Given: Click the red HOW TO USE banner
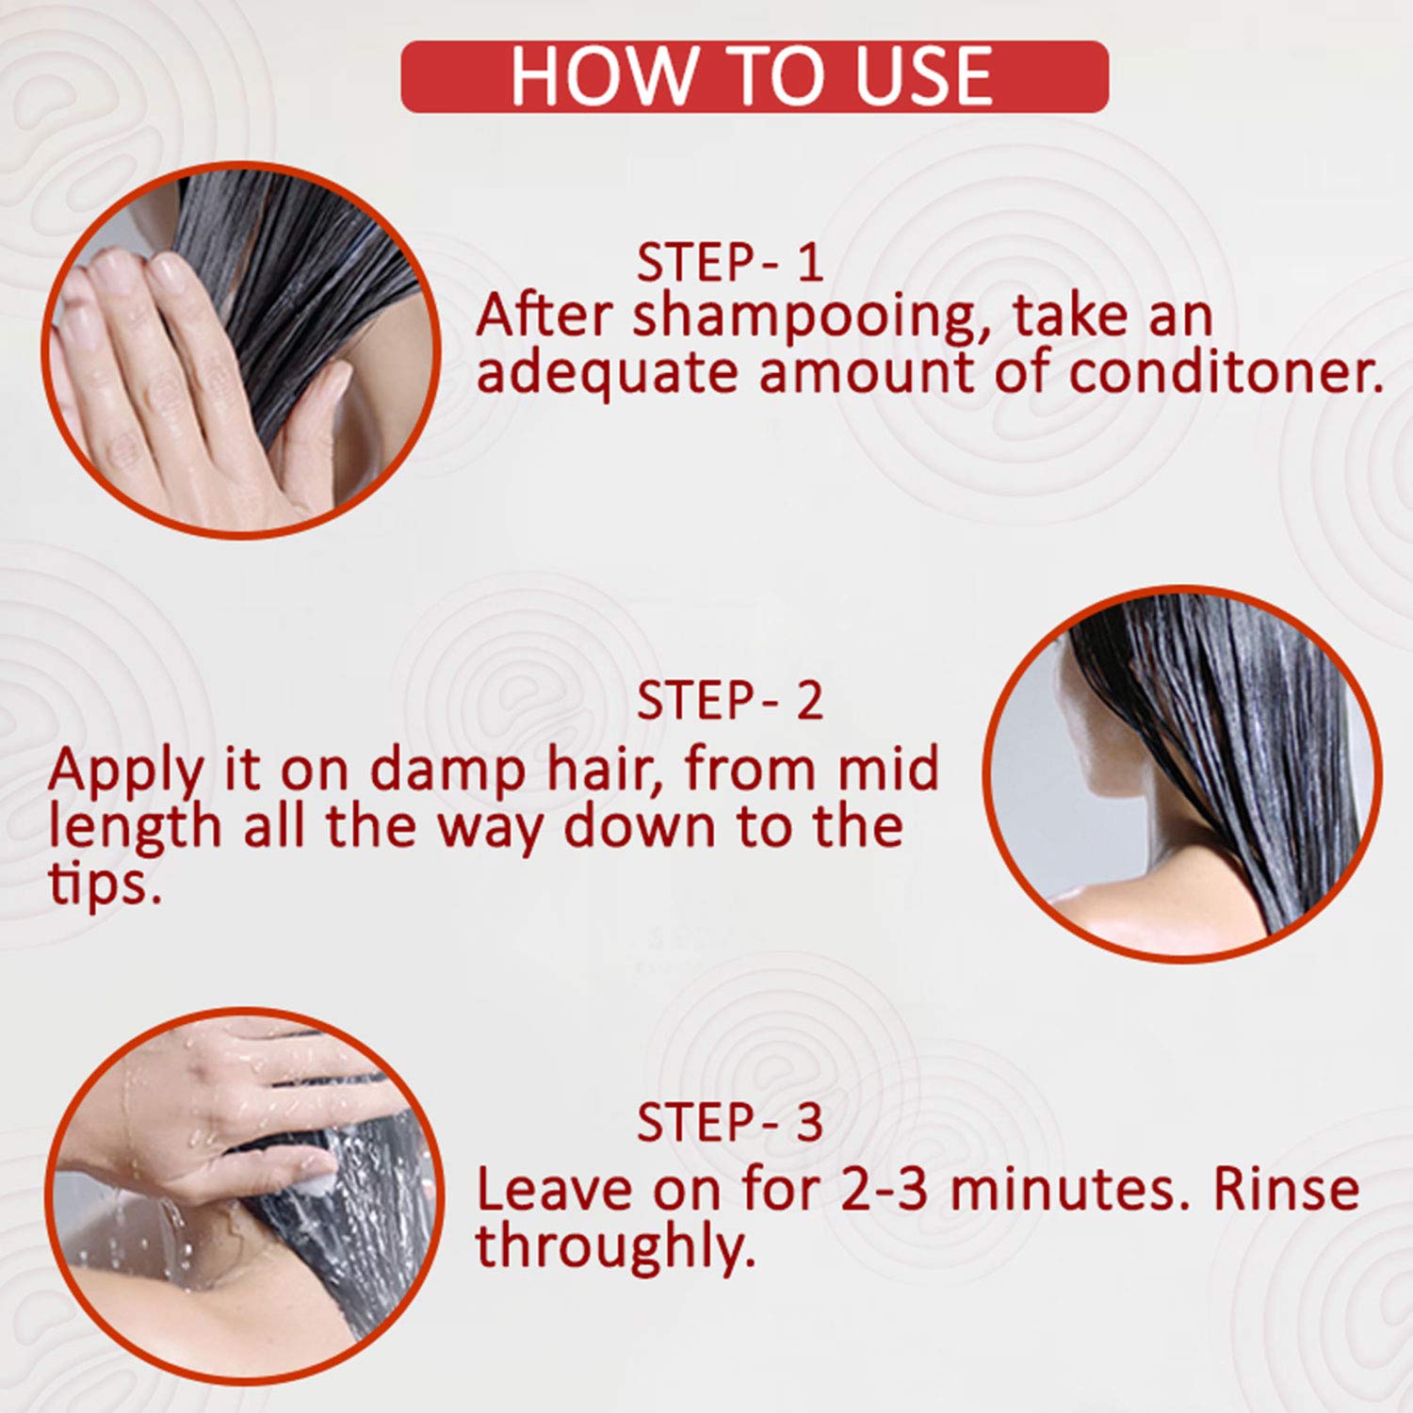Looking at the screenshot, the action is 755,76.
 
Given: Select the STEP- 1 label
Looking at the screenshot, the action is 730,263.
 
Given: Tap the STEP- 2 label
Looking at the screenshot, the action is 730,701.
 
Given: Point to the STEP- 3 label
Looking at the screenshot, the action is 730,1122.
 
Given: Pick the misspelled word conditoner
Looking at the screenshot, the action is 1226,372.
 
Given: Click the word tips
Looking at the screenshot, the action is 104,885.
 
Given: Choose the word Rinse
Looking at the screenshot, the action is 1286,1189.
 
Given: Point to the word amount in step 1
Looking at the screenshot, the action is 868,373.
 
